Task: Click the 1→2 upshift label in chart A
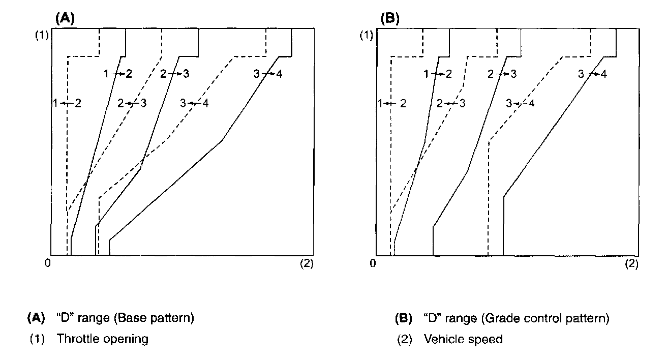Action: (118, 74)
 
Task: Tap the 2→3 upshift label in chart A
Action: (174, 74)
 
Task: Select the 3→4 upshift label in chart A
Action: (268, 74)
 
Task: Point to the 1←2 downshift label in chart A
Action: (67, 103)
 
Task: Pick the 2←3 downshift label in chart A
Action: (132, 103)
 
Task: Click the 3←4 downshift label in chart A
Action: (194, 103)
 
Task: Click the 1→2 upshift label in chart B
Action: (437, 74)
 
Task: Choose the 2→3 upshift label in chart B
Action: (502, 74)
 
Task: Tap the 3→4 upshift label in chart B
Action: (592, 74)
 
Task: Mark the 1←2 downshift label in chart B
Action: (392, 104)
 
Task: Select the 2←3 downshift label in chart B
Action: (450, 104)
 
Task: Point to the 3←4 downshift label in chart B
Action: (520, 104)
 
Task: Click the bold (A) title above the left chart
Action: (65, 19)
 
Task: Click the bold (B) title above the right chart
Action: (390, 19)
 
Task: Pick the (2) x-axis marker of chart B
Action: (631, 263)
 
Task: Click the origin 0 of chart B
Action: (373, 263)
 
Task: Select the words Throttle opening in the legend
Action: (102, 339)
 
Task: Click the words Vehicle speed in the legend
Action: (463, 339)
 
